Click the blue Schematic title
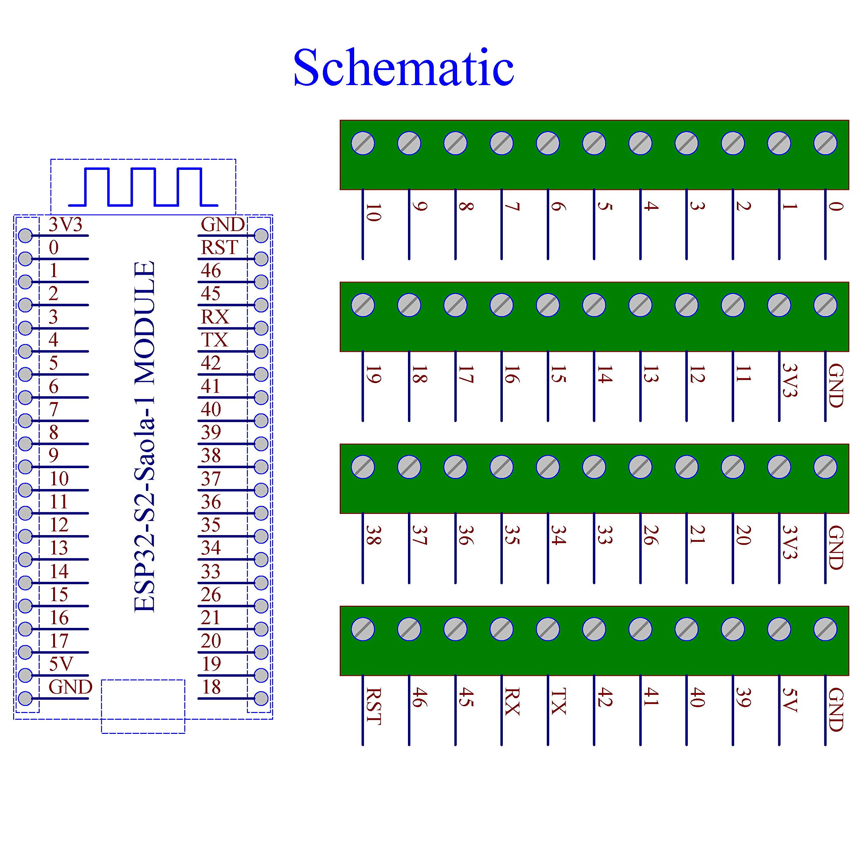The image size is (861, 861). pyautogui.click(x=403, y=68)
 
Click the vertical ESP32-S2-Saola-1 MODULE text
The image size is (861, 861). pyautogui.click(x=145, y=437)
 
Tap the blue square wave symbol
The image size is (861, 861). pyautogui.click(x=143, y=187)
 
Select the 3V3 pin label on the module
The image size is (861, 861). pyautogui.click(x=66, y=225)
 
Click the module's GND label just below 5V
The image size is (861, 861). pyautogui.click(x=70, y=687)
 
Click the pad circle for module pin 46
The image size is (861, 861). pyautogui.click(x=261, y=282)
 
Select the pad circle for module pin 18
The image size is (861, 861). pyautogui.click(x=261, y=698)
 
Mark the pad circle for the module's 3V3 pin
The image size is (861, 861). pyautogui.click(x=26, y=235)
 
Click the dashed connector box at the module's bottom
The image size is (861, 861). pyautogui.click(x=143, y=706)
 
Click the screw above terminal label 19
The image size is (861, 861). pyautogui.click(x=363, y=305)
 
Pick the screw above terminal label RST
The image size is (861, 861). pyautogui.click(x=363, y=629)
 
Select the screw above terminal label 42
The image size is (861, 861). pyautogui.click(x=594, y=629)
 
